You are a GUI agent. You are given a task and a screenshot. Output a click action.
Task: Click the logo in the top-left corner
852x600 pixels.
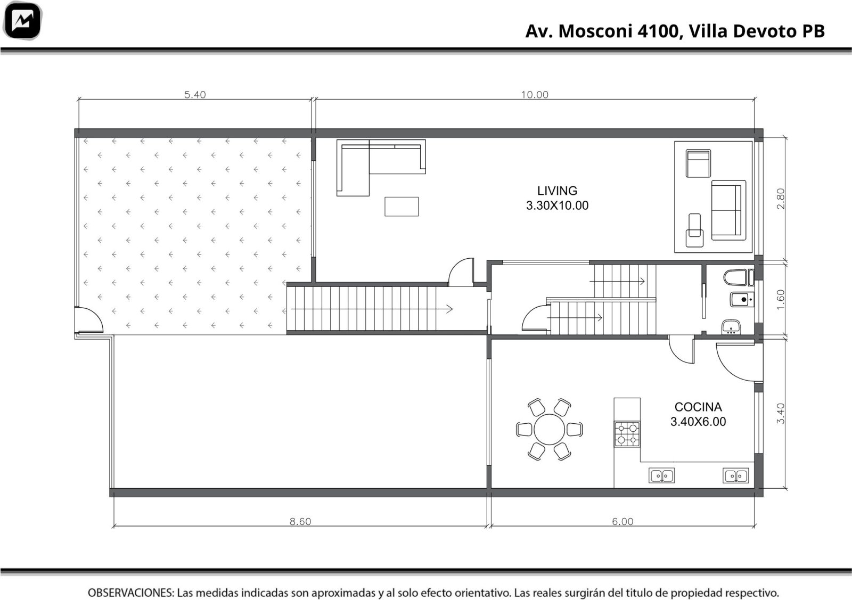[x=22, y=21]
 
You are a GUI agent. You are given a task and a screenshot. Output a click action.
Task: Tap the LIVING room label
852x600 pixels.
[x=557, y=191]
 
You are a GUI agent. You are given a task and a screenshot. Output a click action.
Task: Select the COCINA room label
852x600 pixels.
[x=698, y=407]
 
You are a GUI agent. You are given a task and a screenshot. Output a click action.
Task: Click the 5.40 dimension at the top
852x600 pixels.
[x=195, y=95]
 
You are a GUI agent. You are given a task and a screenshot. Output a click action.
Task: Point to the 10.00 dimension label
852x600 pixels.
[x=535, y=95]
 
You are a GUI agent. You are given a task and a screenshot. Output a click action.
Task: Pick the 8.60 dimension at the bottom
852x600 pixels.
[x=300, y=521]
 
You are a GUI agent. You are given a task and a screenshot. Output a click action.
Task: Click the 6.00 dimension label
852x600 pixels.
[x=622, y=521]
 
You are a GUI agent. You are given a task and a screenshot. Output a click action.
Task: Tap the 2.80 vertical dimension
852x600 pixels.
[x=780, y=199]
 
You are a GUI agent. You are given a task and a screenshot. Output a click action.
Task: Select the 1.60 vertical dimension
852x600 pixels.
[x=780, y=300]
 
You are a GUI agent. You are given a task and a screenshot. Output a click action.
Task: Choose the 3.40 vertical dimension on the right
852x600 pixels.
[x=780, y=413]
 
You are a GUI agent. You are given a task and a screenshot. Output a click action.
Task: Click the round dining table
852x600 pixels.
[x=549, y=429]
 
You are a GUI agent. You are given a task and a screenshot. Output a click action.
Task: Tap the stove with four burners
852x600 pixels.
[x=627, y=434]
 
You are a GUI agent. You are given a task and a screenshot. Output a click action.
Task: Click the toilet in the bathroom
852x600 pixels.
[x=739, y=277]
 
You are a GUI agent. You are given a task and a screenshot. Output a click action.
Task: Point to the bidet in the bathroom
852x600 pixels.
[x=742, y=300]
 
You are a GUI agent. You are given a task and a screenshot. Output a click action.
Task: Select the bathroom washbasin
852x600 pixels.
[x=731, y=327]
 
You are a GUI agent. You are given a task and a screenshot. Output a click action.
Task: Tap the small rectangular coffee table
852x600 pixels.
[x=402, y=207]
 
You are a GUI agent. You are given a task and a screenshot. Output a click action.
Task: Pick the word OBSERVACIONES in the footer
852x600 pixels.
[x=131, y=593]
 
